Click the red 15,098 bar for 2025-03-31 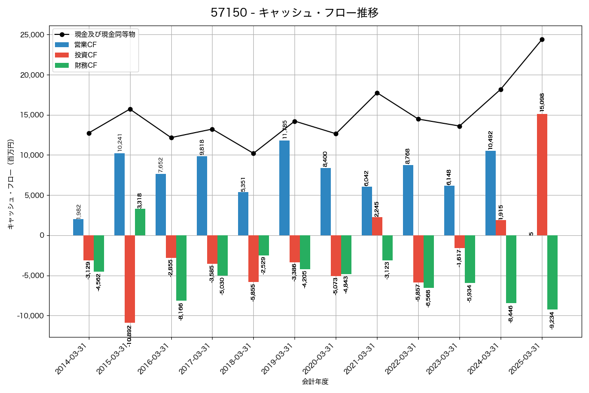pos(542,174)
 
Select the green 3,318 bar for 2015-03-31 pos(140,222)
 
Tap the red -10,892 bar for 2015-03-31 pos(130,279)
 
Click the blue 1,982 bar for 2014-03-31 pos(78,227)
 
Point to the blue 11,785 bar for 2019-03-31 pos(284,188)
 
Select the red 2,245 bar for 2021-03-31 pos(377,226)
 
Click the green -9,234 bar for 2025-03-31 pos(552,272)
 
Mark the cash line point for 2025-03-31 pos(542,39)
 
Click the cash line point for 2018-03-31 pos(253,153)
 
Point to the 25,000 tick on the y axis pos(31,35)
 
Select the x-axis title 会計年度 pos(315,382)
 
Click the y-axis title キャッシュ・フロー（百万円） pos(11,185)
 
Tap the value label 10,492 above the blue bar pos(490,140)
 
